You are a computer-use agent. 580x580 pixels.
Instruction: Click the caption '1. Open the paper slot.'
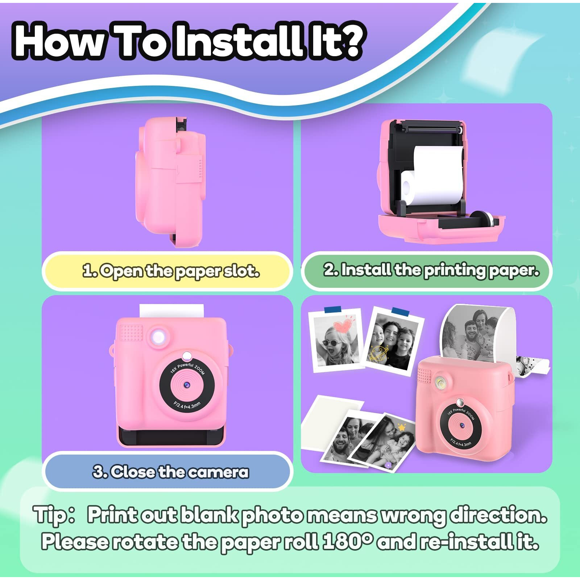click(x=171, y=271)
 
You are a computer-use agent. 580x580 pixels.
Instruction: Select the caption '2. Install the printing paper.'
click(x=431, y=270)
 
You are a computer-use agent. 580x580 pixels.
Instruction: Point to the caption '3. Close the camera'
click(x=171, y=472)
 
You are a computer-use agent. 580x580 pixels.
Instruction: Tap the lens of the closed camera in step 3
click(x=187, y=385)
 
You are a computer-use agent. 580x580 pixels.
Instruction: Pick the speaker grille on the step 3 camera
click(x=131, y=332)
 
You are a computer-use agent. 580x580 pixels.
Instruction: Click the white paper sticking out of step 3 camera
click(x=171, y=311)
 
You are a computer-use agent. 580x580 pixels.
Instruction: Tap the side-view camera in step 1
click(x=171, y=181)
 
